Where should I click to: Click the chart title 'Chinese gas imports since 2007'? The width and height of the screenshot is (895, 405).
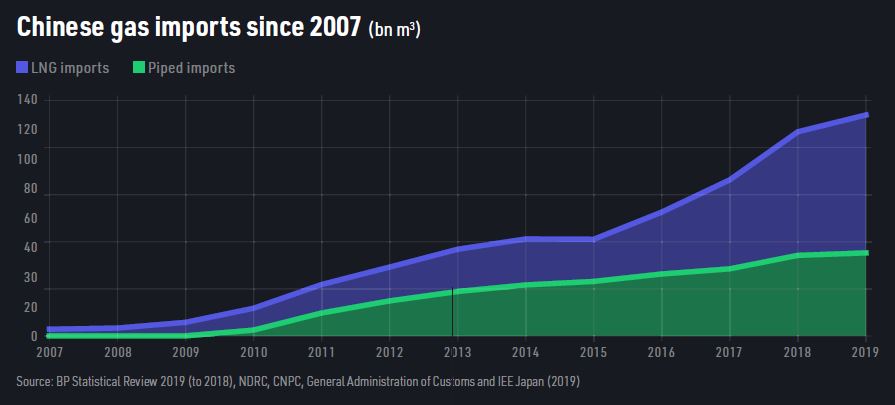[x=188, y=28]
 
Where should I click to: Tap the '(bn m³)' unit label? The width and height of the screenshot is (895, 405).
[x=394, y=30]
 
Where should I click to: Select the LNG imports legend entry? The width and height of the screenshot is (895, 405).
[x=63, y=68]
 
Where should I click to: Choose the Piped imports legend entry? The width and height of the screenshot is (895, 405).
[x=186, y=68]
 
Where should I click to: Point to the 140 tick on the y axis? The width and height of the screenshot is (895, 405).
[x=27, y=100]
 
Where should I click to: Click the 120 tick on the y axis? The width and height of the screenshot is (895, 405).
[x=27, y=130]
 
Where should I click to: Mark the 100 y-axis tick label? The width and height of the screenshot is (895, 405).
[x=27, y=158]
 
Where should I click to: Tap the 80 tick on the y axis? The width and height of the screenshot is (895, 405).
[x=30, y=188]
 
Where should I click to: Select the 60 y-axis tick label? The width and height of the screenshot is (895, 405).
[x=30, y=218]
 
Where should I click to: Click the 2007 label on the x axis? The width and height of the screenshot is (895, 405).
[x=49, y=352]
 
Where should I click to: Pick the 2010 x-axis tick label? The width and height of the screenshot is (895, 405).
[x=253, y=352]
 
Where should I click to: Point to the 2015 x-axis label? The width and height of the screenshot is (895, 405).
[x=594, y=352]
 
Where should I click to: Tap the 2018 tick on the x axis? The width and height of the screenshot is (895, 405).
[x=798, y=352]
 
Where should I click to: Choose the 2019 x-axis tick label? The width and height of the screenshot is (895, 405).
[x=865, y=352]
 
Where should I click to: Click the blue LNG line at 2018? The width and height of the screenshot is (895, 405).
[x=798, y=131]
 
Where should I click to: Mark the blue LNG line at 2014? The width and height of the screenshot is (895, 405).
[x=526, y=239]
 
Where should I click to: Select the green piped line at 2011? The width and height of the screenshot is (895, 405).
[x=322, y=313]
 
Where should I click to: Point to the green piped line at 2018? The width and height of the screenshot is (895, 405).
[x=798, y=255]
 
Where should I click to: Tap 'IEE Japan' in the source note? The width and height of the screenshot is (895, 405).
[x=514, y=381]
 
